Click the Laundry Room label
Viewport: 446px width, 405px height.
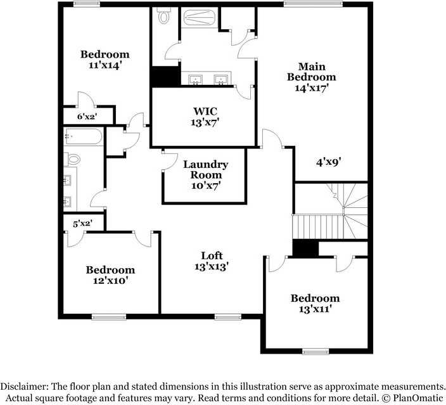pos(205,169)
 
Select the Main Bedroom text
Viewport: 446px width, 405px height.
pos(311,72)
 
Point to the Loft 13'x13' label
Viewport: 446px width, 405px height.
pos(211,261)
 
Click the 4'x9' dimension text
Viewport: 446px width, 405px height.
pos(329,162)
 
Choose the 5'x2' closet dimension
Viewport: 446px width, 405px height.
pos(82,223)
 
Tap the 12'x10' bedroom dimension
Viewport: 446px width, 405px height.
pos(110,280)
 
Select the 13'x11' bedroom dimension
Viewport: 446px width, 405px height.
pos(315,309)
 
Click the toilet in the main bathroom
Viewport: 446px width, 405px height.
pos(165,16)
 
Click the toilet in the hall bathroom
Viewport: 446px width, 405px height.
pos(73,159)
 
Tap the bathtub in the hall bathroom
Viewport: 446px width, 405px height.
pos(83,136)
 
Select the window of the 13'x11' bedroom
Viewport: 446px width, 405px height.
pos(315,350)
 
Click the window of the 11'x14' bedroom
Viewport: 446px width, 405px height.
pos(86,4)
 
